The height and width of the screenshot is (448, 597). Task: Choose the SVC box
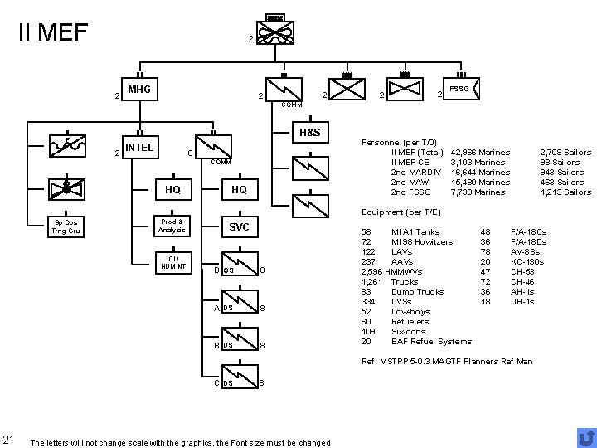pos(239,226)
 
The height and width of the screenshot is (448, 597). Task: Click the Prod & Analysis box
pos(172,226)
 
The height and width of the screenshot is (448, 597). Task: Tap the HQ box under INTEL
pos(172,190)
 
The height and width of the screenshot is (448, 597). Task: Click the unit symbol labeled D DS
pos(240,270)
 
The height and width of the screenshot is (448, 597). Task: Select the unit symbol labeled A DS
pos(240,308)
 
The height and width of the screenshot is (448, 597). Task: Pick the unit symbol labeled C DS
pos(240,382)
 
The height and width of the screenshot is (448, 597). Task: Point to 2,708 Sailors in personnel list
pos(565,153)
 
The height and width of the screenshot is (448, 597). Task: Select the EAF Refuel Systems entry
pos(431,341)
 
